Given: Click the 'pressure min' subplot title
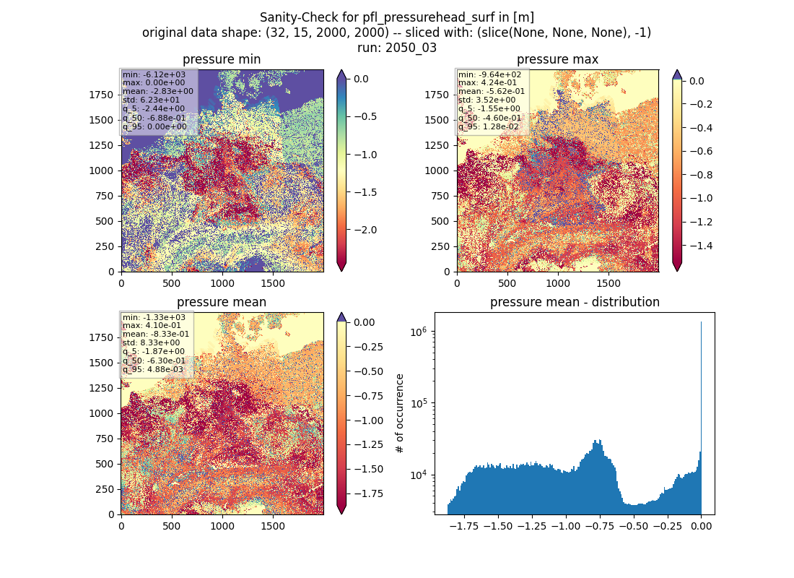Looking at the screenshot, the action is (222, 59).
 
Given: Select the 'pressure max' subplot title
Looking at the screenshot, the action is (557, 59).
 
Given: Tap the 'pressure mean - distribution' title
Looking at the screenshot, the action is (575, 302).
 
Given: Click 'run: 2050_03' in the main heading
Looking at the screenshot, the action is (397, 48).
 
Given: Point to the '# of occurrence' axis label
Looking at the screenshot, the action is (400, 414).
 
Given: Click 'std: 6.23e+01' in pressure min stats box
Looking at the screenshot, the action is (151, 100).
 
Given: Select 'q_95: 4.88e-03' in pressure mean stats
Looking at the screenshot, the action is (154, 369).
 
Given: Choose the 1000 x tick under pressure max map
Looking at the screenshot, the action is (557, 283).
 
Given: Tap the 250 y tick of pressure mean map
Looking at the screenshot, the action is (105, 489).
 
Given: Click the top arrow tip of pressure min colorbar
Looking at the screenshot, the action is (342, 71).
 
